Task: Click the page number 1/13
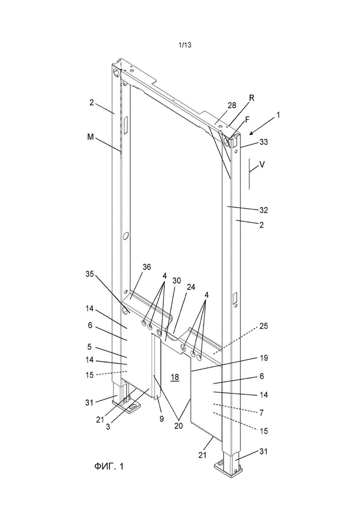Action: click(x=185, y=45)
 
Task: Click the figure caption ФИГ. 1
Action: click(x=109, y=467)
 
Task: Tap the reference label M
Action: click(x=90, y=138)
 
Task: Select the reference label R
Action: click(x=252, y=98)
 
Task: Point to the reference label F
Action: click(x=247, y=120)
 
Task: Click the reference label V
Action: click(x=262, y=165)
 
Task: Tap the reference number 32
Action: click(x=263, y=210)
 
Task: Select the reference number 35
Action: click(x=90, y=274)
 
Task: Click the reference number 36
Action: click(x=147, y=267)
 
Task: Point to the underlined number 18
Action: click(x=174, y=377)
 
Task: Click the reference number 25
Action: click(x=264, y=326)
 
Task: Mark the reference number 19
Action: click(x=264, y=358)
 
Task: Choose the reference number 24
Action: click(x=191, y=287)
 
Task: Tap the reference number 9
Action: click(x=162, y=419)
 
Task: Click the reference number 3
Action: click(x=108, y=427)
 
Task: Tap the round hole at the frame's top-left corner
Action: click(x=116, y=72)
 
